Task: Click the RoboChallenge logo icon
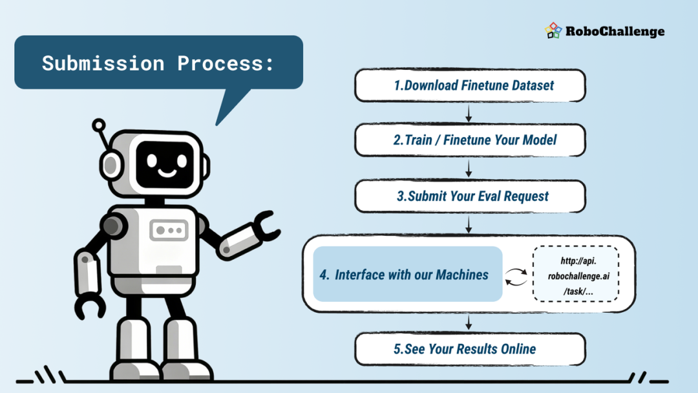pyautogui.click(x=553, y=31)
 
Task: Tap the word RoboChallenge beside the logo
pyautogui.click(x=615, y=32)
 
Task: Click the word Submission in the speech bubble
pyautogui.click(x=103, y=63)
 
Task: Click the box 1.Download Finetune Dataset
pyautogui.click(x=470, y=85)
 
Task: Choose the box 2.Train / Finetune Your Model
pyautogui.click(x=470, y=140)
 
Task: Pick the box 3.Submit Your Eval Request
pyautogui.click(x=470, y=197)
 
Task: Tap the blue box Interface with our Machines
pyautogui.click(x=408, y=274)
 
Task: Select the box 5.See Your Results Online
pyautogui.click(x=470, y=350)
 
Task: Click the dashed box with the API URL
pyautogui.click(x=576, y=274)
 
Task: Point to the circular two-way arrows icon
pyautogui.click(x=516, y=277)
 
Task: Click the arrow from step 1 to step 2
pyautogui.click(x=469, y=113)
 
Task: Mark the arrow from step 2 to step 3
pyautogui.click(x=469, y=169)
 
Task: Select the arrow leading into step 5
pyautogui.click(x=469, y=322)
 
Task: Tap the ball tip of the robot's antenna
pyautogui.click(x=99, y=125)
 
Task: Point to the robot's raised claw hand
pyautogui.click(x=266, y=227)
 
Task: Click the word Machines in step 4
pyautogui.click(x=462, y=275)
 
